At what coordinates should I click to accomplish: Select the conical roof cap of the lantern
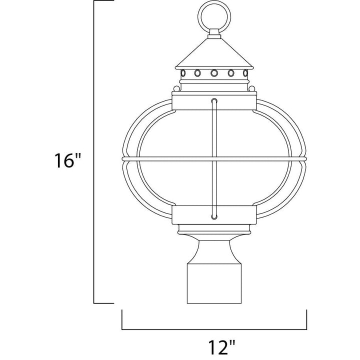pyautogui.click(x=214, y=53)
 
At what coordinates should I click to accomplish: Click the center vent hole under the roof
pyautogui.click(x=214, y=73)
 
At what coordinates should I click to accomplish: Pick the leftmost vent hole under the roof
pyautogui.click(x=183, y=73)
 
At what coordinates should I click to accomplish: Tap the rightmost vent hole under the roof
pyautogui.click(x=245, y=73)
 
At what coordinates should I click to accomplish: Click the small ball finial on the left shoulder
pyautogui.click(x=176, y=88)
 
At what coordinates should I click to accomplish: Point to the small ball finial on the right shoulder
pyautogui.click(x=252, y=88)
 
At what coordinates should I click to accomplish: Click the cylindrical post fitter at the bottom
pyautogui.click(x=214, y=283)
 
